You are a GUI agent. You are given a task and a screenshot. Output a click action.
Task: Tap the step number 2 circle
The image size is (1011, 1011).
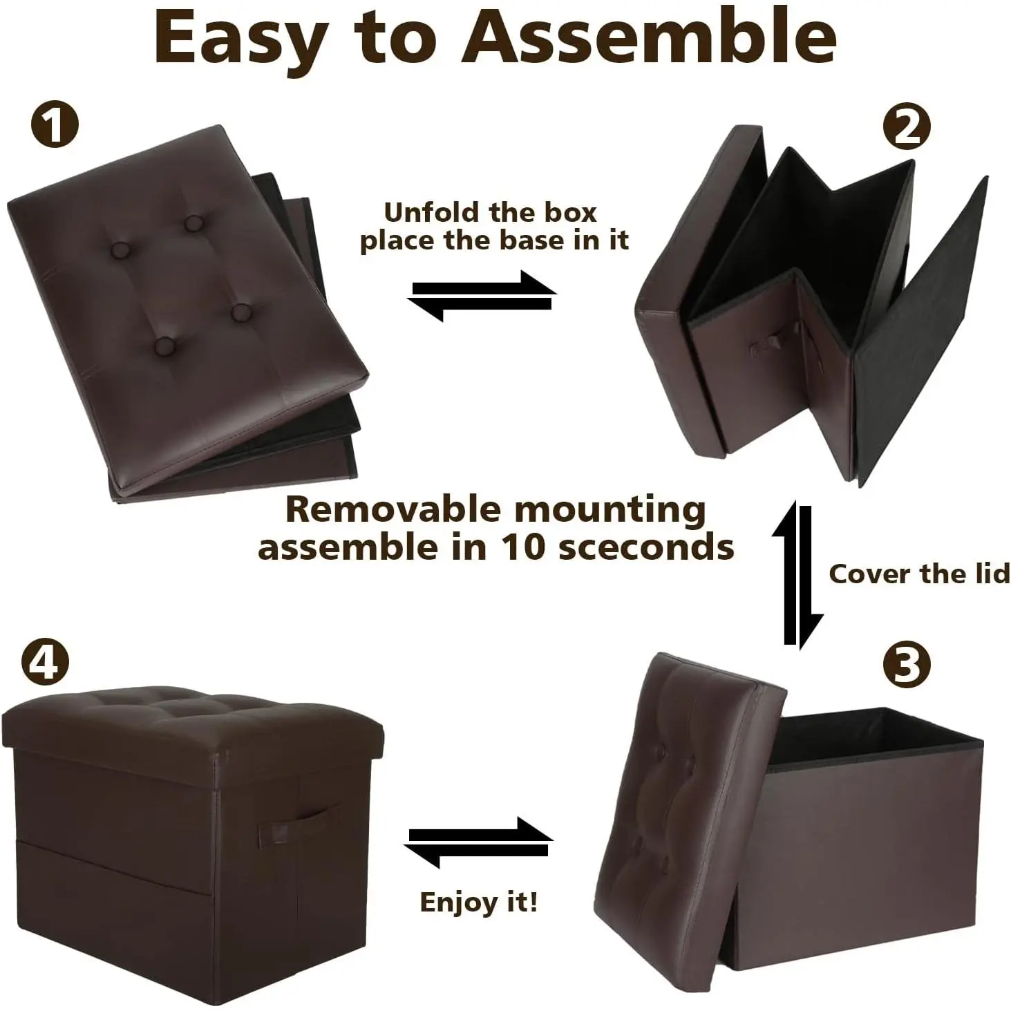pos(906,126)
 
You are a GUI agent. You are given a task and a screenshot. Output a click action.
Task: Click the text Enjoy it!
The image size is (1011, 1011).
pos(478,902)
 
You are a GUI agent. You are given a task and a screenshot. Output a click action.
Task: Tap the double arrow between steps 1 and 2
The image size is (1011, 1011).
pos(482,295)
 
